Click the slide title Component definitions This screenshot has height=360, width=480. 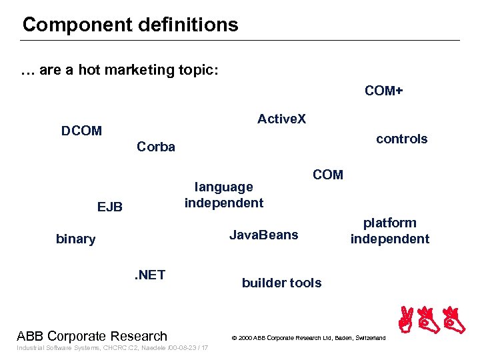click(130, 25)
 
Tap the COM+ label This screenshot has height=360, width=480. click(384, 91)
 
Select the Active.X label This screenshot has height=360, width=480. click(281, 119)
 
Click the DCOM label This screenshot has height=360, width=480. click(81, 131)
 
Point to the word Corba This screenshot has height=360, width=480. click(155, 147)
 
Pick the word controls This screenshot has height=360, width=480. click(401, 139)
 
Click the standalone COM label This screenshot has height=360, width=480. click(327, 175)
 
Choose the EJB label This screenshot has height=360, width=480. click(110, 207)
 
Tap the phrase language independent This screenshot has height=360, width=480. click(224, 195)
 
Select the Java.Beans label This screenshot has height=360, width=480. click(263, 235)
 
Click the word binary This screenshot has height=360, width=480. click(75, 239)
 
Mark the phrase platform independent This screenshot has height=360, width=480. click(390, 231)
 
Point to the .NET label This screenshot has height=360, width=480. click(149, 275)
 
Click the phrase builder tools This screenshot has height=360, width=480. click(281, 283)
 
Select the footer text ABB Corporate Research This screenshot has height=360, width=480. click(92, 336)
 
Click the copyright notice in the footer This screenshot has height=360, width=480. click(308, 338)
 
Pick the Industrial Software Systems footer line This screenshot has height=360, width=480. click(112, 348)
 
